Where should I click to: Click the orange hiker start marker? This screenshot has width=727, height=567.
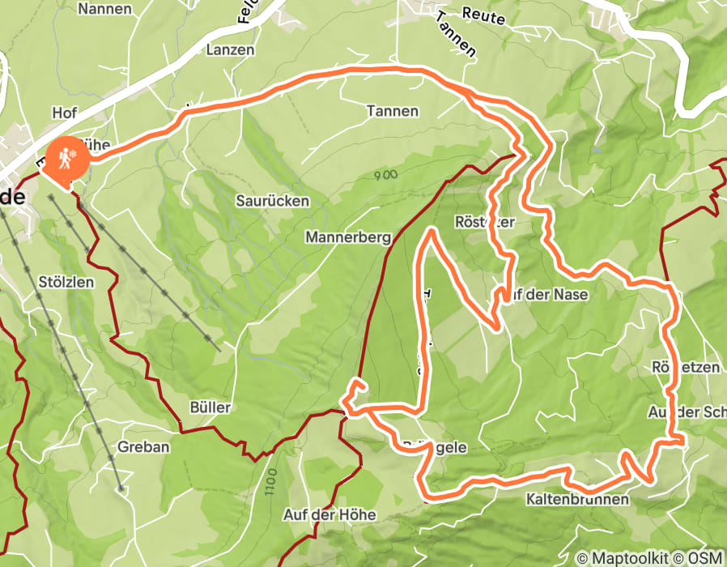point(64,159)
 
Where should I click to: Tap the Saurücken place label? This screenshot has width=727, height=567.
point(272,200)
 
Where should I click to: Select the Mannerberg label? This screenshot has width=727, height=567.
point(347,237)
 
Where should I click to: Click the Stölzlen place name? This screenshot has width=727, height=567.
point(66,282)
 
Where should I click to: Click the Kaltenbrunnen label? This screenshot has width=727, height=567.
point(577,499)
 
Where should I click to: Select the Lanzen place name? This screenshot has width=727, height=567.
point(230,49)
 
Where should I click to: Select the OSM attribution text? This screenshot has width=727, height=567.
point(708,557)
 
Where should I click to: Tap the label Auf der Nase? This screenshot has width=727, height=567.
point(549,294)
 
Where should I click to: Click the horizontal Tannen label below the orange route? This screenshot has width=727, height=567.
point(392,111)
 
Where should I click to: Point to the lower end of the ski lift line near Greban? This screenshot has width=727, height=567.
point(120,488)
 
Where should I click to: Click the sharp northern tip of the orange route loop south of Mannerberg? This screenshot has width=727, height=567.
point(432,231)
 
